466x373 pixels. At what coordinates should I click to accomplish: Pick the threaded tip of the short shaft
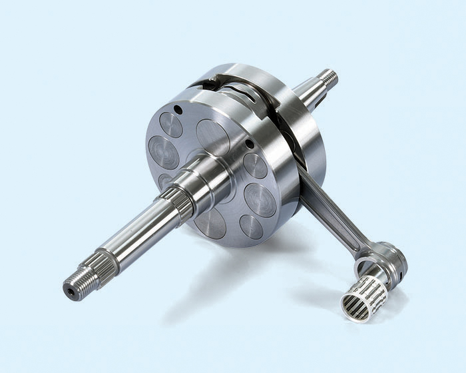click(327, 78)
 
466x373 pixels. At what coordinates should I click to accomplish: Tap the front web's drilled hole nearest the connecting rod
click(249, 143)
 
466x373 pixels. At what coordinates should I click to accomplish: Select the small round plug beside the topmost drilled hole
click(171, 125)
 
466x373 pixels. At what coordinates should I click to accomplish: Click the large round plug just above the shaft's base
click(212, 137)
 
